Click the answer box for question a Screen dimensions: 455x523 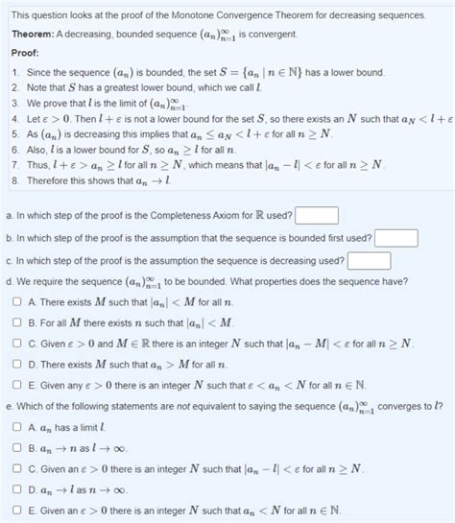click(323, 215)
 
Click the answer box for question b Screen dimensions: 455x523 click(395, 238)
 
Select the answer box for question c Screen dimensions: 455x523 click(369, 260)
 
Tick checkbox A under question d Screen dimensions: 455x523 click(16, 301)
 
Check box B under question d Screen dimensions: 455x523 click(16, 322)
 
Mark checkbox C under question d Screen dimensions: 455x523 click(16, 344)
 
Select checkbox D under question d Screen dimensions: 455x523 click(16, 365)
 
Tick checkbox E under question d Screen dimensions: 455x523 click(16, 386)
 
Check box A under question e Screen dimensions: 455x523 click(16, 426)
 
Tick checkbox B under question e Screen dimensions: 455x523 click(16, 447)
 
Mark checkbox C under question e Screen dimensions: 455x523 click(16, 468)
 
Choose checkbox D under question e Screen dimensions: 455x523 click(16, 489)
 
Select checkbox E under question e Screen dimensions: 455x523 click(16, 511)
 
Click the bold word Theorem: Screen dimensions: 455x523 click(33, 34)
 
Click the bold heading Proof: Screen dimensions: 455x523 click(25, 54)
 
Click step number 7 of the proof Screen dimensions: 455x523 click(16, 164)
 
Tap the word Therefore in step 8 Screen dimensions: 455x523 click(48, 180)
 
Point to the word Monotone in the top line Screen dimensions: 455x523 click(202, 15)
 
